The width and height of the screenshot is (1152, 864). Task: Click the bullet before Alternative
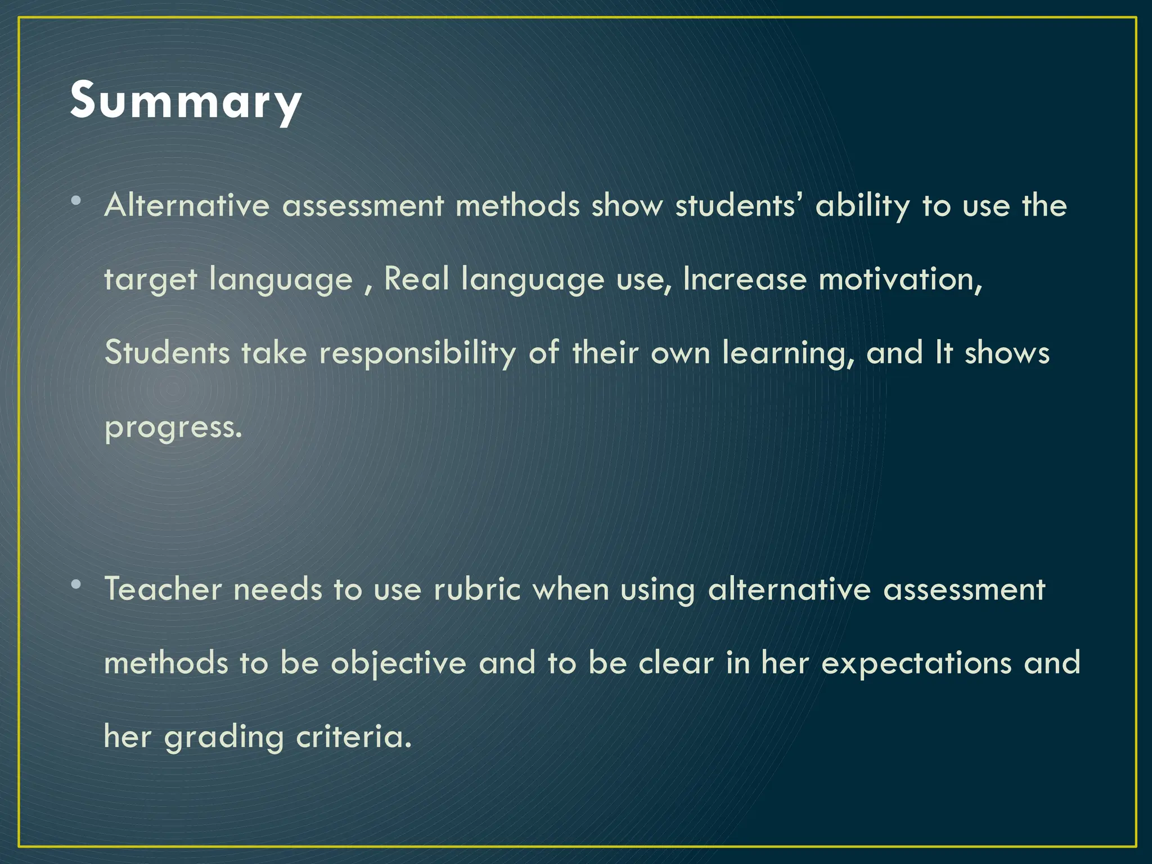76,201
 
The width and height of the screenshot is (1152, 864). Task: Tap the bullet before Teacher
76,584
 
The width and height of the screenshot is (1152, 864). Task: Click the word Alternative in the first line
187,205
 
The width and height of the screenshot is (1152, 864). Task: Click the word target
150,280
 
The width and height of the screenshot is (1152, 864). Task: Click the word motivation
899,280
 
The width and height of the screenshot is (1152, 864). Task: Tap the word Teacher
163,589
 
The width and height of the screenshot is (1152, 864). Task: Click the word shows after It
1007,353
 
